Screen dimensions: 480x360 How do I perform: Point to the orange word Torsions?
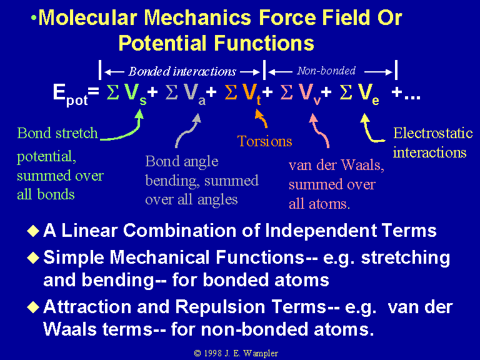pos(264,141)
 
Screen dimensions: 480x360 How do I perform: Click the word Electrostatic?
pos(433,133)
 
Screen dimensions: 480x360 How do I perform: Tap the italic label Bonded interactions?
pos(182,72)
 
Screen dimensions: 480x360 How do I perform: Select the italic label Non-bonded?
pos(326,71)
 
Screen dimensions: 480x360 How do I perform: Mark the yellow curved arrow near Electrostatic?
pos(370,131)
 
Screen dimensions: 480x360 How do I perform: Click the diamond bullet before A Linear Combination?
pos(33,231)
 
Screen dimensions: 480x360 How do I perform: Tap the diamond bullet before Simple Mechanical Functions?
pos(33,257)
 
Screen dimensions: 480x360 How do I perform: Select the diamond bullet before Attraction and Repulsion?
pos(33,307)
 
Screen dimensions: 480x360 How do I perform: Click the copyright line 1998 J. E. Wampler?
pos(236,353)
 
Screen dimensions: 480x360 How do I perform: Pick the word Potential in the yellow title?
pos(162,43)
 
